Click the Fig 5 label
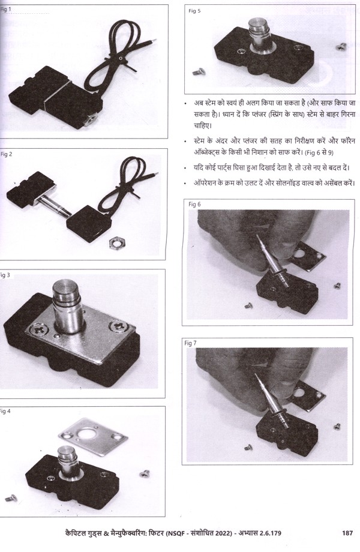pyautogui.click(x=194, y=11)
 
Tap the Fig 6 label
pyautogui.click(x=194, y=204)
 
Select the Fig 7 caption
pyautogui.click(x=190, y=343)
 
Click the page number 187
pyautogui.click(x=347, y=533)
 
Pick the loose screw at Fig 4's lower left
pyautogui.click(x=11, y=498)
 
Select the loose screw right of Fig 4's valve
pyautogui.click(x=144, y=474)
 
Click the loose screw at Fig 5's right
pyautogui.click(x=341, y=46)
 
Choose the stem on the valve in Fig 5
pyautogui.click(x=260, y=35)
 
